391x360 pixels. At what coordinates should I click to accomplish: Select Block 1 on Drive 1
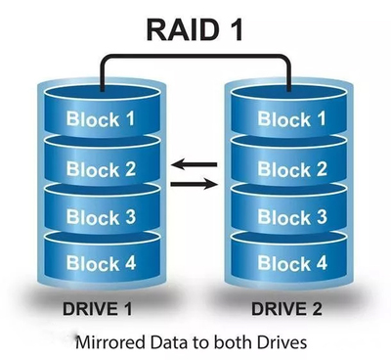coord(100,119)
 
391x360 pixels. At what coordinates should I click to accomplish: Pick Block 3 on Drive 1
coord(100,216)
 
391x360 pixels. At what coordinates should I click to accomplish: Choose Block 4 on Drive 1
coord(100,263)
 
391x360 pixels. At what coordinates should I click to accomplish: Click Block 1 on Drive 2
coord(290,119)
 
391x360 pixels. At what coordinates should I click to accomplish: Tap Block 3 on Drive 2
coord(290,216)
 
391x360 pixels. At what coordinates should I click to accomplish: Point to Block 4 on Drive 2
coord(290,263)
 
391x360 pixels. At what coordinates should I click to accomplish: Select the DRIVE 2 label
coord(291,311)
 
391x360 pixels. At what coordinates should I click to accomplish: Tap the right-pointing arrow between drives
coord(195,183)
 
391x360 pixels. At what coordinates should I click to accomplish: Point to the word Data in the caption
coord(173,343)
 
